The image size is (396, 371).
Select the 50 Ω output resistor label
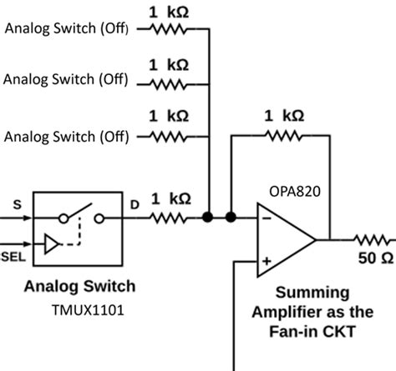tap(373, 258)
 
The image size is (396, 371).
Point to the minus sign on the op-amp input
tap(265, 219)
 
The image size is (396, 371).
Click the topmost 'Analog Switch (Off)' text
tap(66, 28)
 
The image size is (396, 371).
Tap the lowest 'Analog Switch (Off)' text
tap(66, 134)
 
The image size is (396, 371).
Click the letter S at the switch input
tap(17, 203)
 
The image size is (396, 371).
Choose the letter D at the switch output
tap(135, 203)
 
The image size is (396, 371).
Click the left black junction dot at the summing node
tap(207, 218)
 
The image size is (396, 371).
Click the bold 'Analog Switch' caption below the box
tap(79, 287)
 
